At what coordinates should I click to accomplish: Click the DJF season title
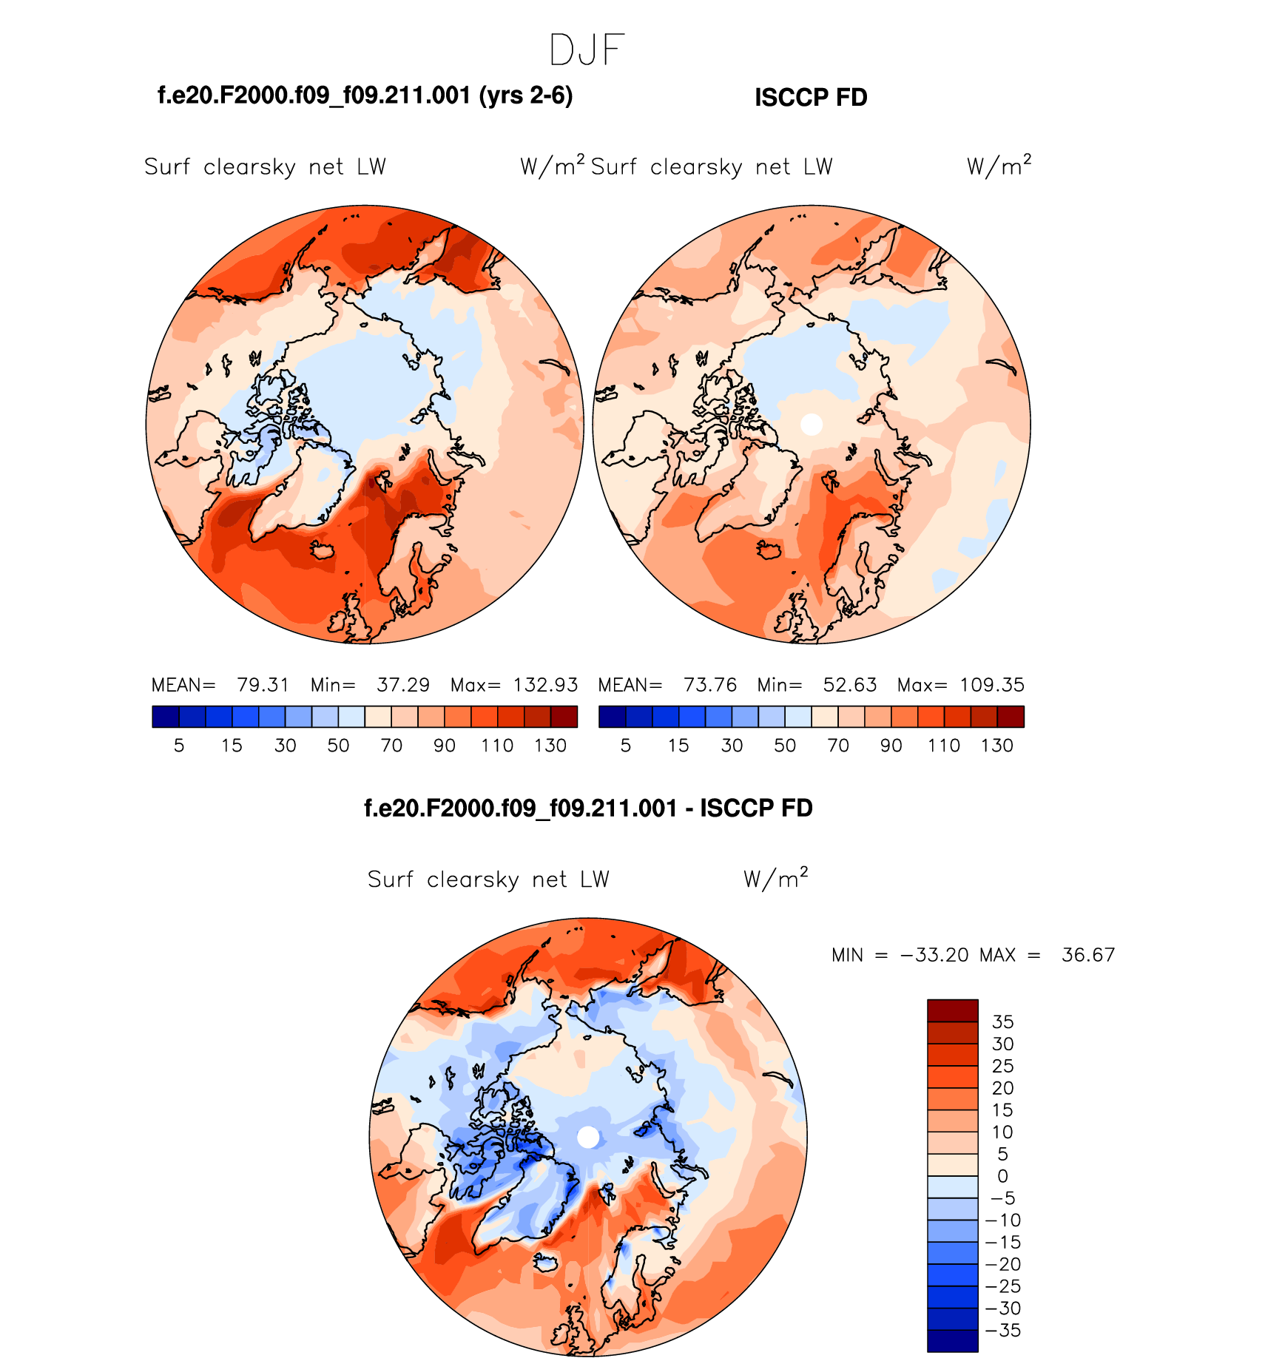coord(587,50)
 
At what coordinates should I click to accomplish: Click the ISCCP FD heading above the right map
coord(811,98)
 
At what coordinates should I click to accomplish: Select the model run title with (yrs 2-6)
coord(365,95)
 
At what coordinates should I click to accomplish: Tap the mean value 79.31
coord(263,685)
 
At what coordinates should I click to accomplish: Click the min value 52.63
coord(850,685)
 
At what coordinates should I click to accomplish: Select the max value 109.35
coord(992,685)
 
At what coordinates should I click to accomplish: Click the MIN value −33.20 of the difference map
coord(934,955)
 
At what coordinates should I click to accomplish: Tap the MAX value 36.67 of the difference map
coord(1087,955)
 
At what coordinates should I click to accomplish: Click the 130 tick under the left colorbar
coord(550,746)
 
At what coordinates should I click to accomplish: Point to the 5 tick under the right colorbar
coord(626,746)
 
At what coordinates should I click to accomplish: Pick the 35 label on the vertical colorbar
coord(1002,1021)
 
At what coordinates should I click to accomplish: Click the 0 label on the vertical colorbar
coord(1002,1176)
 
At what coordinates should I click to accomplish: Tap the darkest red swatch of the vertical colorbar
coord(953,1010)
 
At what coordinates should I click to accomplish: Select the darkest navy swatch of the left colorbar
coord(166,717)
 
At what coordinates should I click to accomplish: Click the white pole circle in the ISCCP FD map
coord(812,424)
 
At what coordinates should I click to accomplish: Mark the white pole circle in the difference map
coord(588,1137)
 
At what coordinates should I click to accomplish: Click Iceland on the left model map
coord(323,550)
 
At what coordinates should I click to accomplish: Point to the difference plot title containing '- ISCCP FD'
coord(588,808)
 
